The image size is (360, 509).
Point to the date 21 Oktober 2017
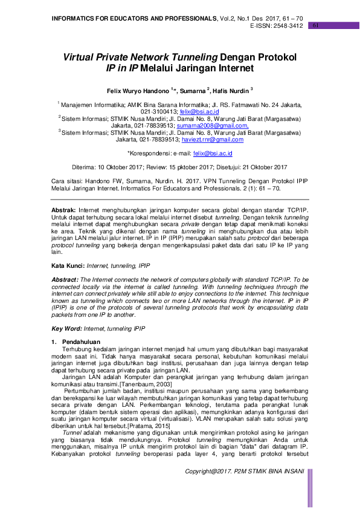tap(262, 167)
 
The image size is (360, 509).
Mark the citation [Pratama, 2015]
tap(146, 426)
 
